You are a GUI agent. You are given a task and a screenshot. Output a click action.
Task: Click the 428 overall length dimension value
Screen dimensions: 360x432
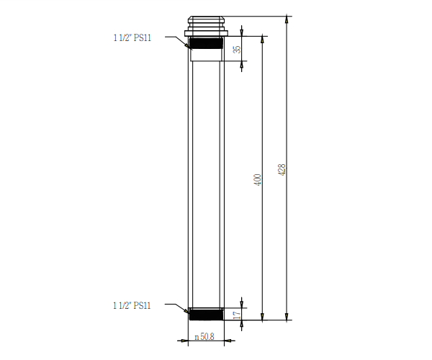(282, 171)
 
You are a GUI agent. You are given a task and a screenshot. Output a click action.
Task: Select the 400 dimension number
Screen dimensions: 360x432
(257, 180)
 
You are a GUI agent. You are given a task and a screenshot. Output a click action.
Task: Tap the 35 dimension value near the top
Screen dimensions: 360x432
(237, 50)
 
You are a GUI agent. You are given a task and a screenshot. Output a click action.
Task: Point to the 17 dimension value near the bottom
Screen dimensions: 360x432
(237, 315)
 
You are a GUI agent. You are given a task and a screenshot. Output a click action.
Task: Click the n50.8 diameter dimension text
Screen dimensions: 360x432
(205, 337)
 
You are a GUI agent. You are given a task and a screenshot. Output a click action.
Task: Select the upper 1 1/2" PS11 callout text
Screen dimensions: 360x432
(132, 38)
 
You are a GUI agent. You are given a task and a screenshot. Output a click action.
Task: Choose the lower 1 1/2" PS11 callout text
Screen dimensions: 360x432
(132, 305)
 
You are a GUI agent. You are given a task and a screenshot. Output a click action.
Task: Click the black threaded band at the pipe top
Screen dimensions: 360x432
(206, 42)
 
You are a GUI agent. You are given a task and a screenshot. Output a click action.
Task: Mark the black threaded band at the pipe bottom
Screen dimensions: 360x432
(207, 314)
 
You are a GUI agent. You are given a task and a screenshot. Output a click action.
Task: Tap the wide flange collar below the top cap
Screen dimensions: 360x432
(206, 32)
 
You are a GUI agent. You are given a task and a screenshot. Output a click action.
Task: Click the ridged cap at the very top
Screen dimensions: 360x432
(206, 22)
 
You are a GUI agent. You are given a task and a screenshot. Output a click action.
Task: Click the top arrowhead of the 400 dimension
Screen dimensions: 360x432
(262, 40)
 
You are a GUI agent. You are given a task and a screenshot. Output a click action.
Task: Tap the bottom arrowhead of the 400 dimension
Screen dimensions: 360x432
(262, 315)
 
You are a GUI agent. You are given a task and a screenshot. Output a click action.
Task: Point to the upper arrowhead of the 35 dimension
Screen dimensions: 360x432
(242, 33)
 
